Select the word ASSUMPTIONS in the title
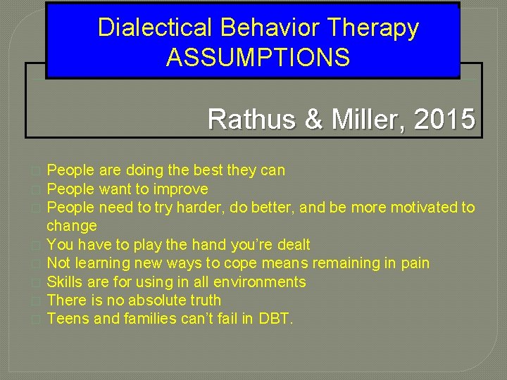point(258,57)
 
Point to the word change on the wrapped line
point(72,226)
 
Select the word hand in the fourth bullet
point(199,245)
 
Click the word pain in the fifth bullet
point(415,263)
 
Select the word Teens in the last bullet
point(65,319)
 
